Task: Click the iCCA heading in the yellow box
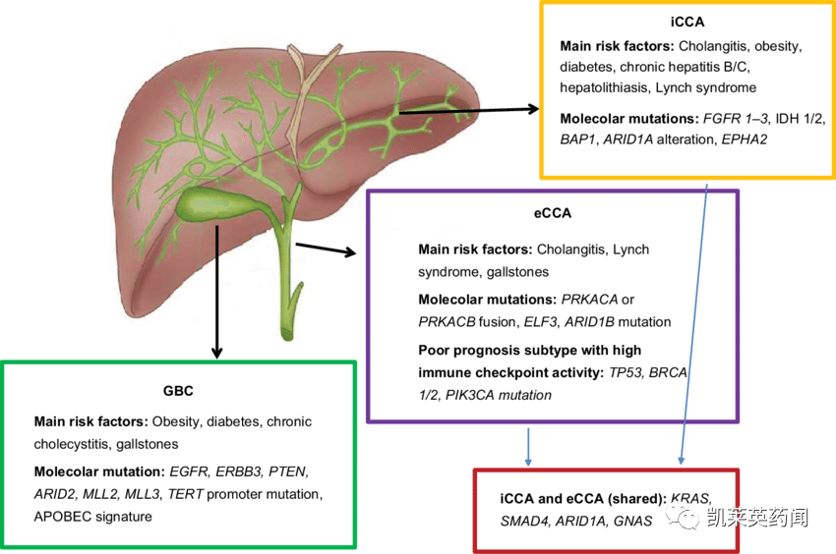pyautogui.click(x=687, y=22)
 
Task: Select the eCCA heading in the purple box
pyautogui.click(x=553, y=213)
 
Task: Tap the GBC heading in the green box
pyautogui.click(x=178, y=391)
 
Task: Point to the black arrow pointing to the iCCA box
pyautogui.click(x=469, y=110)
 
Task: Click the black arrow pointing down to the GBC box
pyautogui.click(x=216, y=292)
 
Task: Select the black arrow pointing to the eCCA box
pyautogui.click(x=326, y=249)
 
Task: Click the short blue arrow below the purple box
pyautogui.click(x=528, y=446)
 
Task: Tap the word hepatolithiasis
pyautogui.click(x=606, y=87)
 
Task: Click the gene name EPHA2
pyautogui.click(x=745, y=139)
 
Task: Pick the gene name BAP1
pyautogui.click(x=577, y=139)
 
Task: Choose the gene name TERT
pyautogui.click(x=186, y=494)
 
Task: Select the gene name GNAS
pyautogui.click(x=632, y=521)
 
